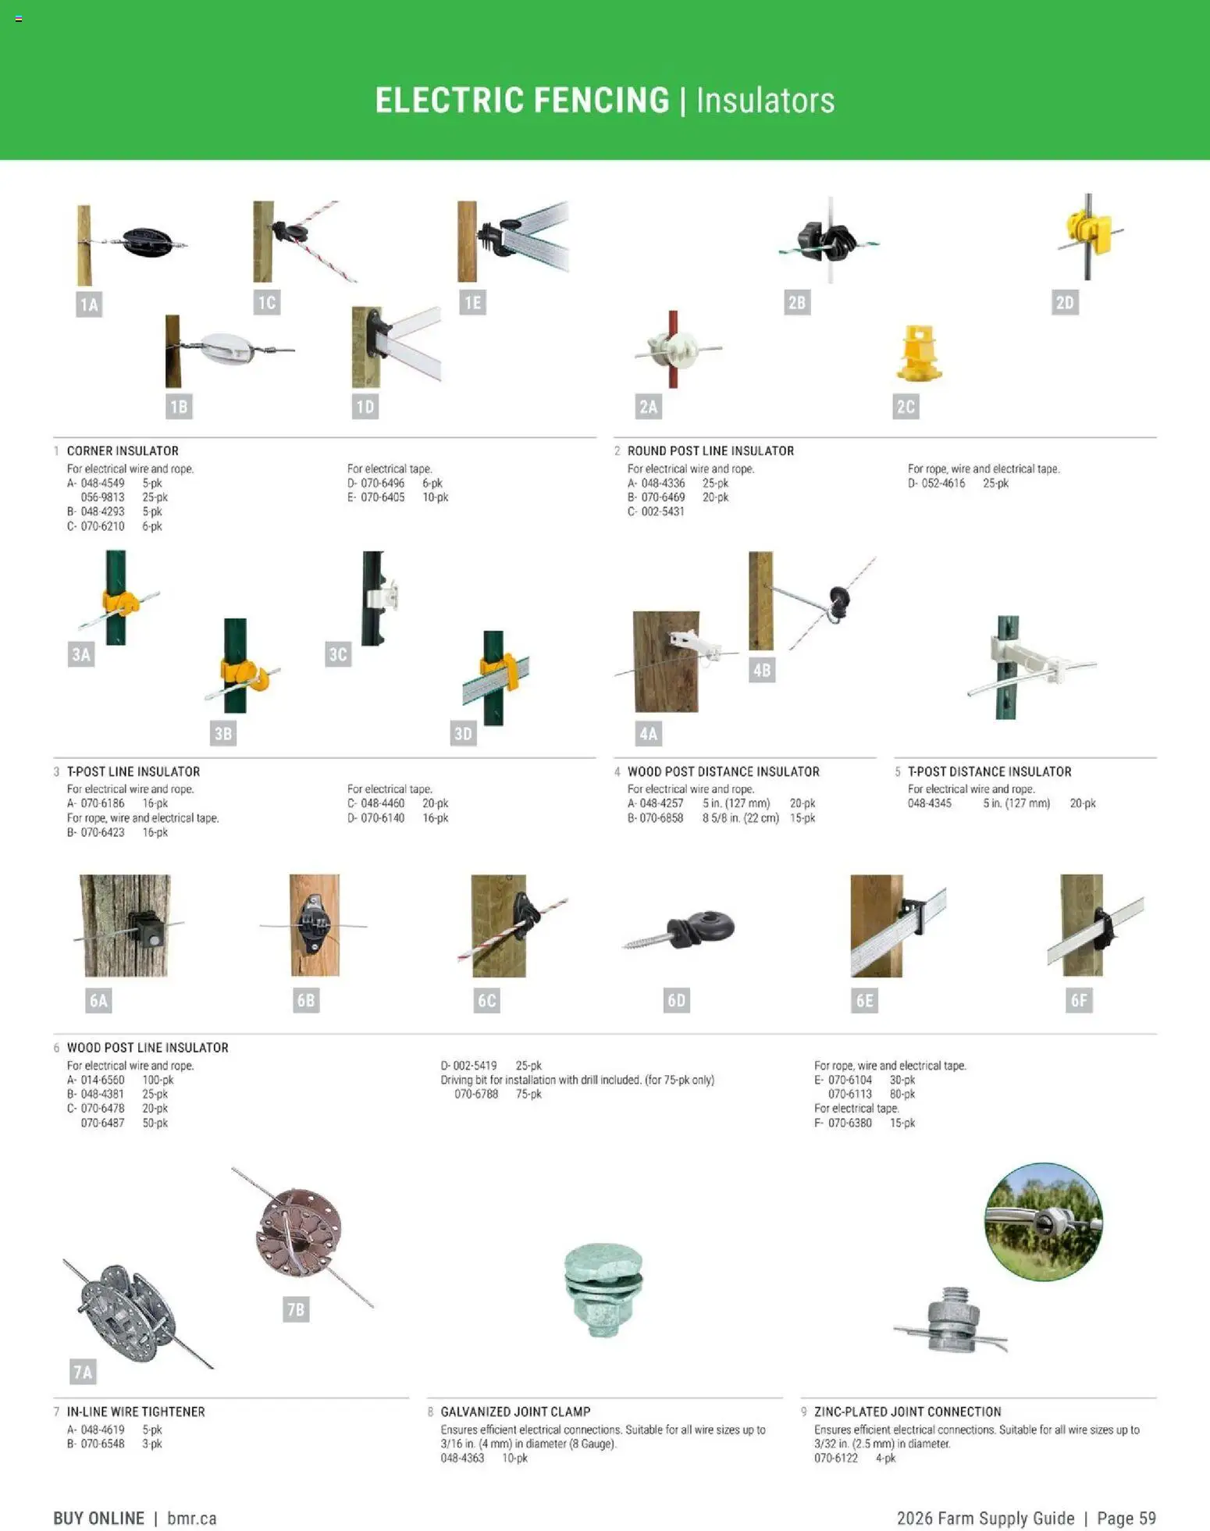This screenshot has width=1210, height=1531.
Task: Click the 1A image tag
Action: [x=89, y=304]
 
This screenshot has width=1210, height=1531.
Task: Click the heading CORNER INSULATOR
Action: [x=123, y=451]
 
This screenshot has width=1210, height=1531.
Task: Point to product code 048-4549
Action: [x=102, y=483]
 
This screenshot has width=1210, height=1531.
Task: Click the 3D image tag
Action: [x=463, y=733]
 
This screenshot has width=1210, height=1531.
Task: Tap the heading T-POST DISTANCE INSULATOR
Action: [x=989, y=771]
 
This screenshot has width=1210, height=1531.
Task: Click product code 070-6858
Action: [x=661, y=818]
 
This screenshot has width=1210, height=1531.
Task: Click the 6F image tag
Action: [x=1079, y=1000]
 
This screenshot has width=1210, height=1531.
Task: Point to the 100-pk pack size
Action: [x=158, y=1080]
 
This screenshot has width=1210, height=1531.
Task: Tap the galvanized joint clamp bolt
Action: [x=603, y=1289]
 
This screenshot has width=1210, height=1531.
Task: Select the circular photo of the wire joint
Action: [x=1044, y=1222]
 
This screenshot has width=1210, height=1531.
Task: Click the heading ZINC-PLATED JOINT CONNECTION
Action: [x=907, y=1412]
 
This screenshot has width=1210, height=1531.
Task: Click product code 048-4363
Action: [x=462, y=1458]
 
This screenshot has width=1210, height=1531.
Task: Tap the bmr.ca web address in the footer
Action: [x=192, y=1518]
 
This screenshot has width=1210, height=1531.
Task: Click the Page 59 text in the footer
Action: [x=1126, y=1518]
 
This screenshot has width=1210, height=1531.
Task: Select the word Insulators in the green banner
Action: [x=765, y=101]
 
